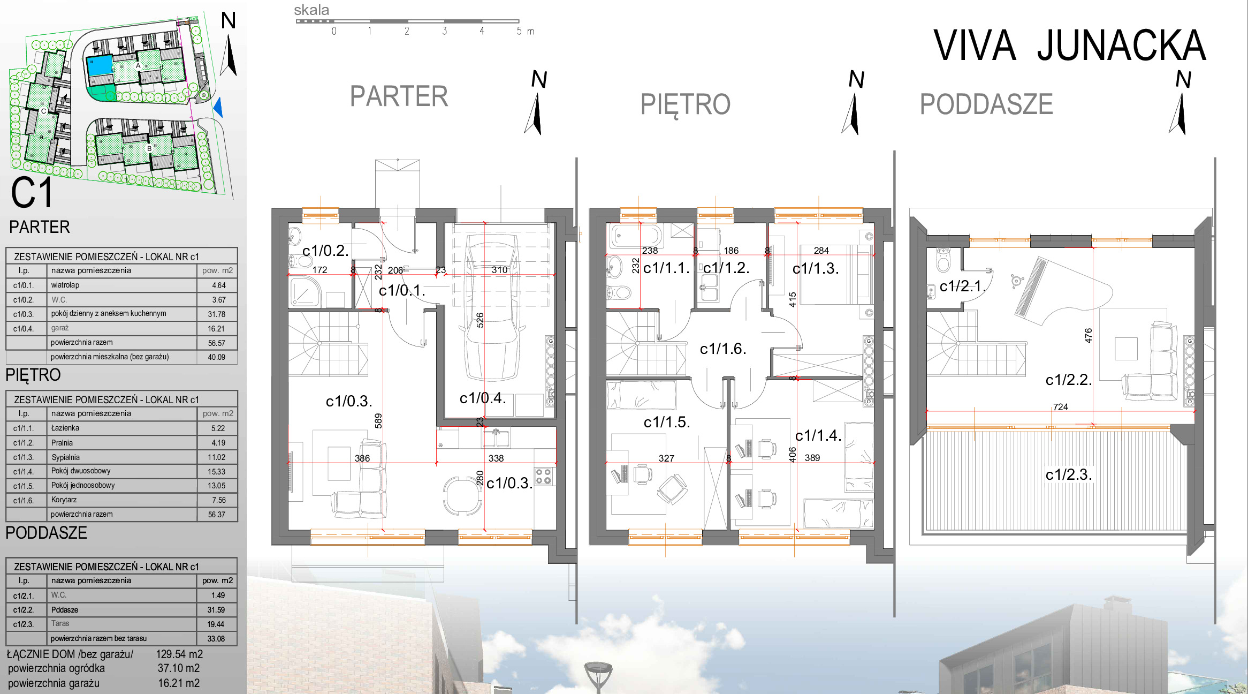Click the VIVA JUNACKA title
click(x=1069, y=46)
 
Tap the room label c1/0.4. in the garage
click(x=483, y=398)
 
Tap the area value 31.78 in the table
click(x=216, y=314)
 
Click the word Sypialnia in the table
click(x=65, y=457)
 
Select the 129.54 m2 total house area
click(x=179, y=654)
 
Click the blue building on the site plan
click(x=100, y=66)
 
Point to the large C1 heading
click(x=32, y=193)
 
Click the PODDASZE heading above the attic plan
click(x=986, y=104)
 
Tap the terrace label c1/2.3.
click(x=1068, y=474)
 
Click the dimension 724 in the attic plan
click(x=1060, y=407)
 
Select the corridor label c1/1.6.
click(x=722, y=349)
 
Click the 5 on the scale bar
click(x=519, y=31)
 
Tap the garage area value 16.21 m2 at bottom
click(x=179, y=683)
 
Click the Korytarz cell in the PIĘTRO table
click(x=64, y=500)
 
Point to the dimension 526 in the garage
click(x=480, y=320)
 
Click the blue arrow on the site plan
click(x=218, y=107)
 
